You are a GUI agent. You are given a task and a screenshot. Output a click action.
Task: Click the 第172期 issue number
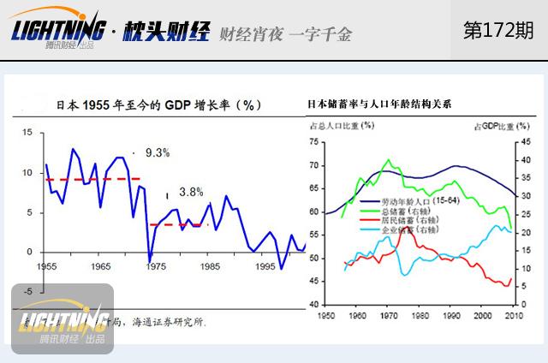[497, 31]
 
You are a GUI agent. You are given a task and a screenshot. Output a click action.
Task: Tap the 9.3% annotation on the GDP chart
[158, 152]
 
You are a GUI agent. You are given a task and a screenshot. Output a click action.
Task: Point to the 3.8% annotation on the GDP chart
[191, 193]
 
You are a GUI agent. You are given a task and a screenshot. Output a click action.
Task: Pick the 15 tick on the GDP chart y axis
[27, 133]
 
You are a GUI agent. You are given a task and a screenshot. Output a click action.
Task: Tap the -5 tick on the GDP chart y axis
[27, 291]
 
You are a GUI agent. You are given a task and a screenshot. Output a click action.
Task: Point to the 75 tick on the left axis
[313, 141]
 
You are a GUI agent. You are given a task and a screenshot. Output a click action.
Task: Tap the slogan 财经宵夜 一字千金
[285, 34]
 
